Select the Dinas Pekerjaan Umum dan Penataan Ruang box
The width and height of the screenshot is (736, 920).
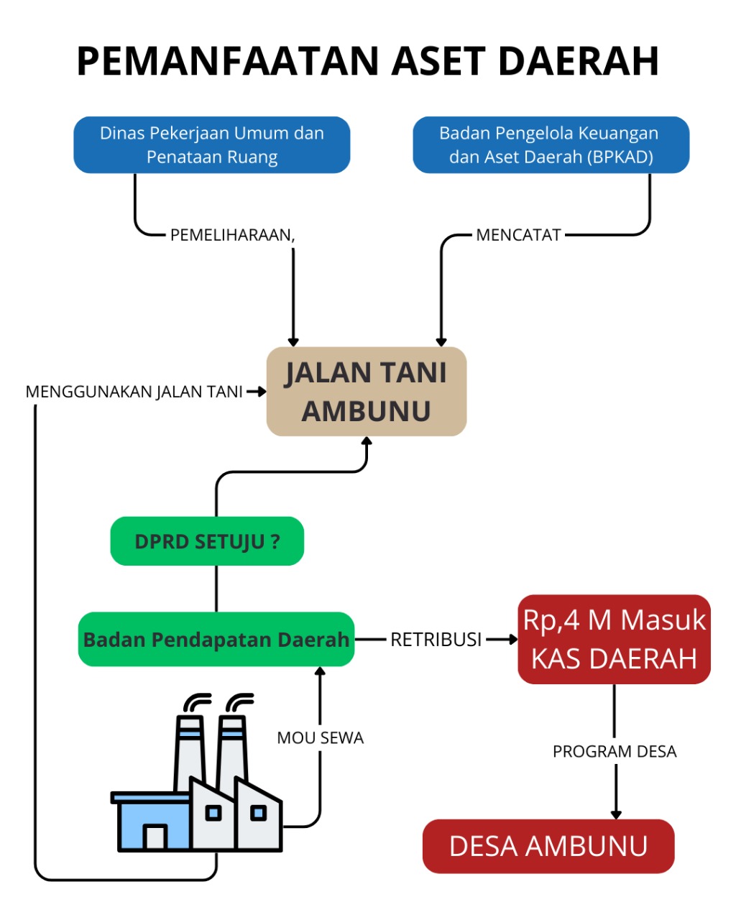pos(212,144)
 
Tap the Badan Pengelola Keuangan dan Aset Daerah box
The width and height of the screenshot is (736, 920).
pos(551,144)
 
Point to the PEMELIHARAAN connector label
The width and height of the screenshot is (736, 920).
pos(232,235)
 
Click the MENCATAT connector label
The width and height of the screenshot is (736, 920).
pos(518,235)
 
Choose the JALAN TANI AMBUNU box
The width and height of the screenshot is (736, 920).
pos(367,392)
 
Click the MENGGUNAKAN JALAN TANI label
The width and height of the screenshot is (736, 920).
pos(134,392)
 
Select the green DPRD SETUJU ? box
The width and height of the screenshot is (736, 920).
pos(207,541)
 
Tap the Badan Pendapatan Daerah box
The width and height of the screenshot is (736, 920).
pos(216,639)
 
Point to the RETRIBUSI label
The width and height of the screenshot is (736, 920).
pos(436,639)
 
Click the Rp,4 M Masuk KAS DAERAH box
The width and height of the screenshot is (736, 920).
pos(614,639)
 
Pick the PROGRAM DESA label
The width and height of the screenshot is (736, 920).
pos(615,751)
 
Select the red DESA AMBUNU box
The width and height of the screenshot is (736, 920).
pos(548,846)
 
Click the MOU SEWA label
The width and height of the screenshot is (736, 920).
pos(321,737)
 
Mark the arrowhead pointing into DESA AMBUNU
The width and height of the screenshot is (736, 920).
pos(616,814)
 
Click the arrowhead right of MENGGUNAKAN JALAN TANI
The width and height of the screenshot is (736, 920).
pos(261,392)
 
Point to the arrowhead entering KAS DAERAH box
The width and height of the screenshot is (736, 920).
pos(513,639)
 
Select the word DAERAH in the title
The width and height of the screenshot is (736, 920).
pos(578,61)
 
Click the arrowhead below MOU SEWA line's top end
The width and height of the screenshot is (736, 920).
pos(321,671)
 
